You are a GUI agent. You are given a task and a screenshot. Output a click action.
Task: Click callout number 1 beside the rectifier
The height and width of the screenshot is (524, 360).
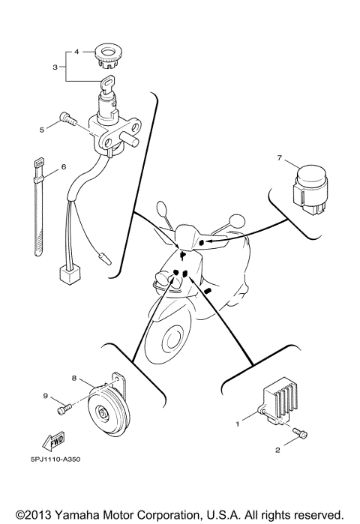[238, 424]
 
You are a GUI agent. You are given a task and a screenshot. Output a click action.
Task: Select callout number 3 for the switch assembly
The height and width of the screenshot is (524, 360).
[55, 67]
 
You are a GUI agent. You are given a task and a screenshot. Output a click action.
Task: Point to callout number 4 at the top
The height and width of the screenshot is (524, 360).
[76, 52]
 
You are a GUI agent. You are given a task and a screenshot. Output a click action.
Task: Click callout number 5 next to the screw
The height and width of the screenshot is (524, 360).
[42, 129]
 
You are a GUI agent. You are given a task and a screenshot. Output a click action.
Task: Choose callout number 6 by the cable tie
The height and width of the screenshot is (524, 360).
[64, 166]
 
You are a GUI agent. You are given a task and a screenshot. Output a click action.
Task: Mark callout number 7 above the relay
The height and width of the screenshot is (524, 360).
[279, 158]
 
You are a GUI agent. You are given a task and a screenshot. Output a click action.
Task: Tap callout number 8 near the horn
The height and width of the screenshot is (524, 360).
[73, 379]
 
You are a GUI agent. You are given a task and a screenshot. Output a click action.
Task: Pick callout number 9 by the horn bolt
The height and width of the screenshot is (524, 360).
[45, 396]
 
